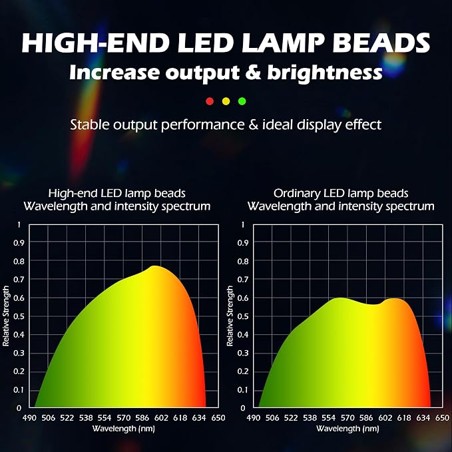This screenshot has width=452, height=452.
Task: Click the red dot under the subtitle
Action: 210,101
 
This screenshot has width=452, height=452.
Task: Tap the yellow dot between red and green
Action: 226,101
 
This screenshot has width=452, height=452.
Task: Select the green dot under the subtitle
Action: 242,101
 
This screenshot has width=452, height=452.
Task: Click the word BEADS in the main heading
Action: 381,43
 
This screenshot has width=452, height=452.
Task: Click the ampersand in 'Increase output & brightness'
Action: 253,72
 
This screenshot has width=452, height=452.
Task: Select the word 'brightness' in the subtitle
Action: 325,72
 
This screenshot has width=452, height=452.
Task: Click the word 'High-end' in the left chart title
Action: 73,193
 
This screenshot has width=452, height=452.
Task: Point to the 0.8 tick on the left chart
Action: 19,261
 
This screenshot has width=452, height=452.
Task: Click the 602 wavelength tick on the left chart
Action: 161,417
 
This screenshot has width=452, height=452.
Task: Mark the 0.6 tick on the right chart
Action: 243,298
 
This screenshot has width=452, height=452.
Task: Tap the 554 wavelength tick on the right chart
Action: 329,417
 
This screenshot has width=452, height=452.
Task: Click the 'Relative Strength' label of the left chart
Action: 6,316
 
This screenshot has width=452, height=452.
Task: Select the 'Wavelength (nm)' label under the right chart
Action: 347,429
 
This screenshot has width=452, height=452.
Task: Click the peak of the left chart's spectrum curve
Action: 155,266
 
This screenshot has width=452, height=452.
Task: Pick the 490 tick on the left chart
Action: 29,417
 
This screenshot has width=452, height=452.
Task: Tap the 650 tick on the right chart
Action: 442,417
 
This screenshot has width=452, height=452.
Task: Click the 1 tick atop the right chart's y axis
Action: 243,224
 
